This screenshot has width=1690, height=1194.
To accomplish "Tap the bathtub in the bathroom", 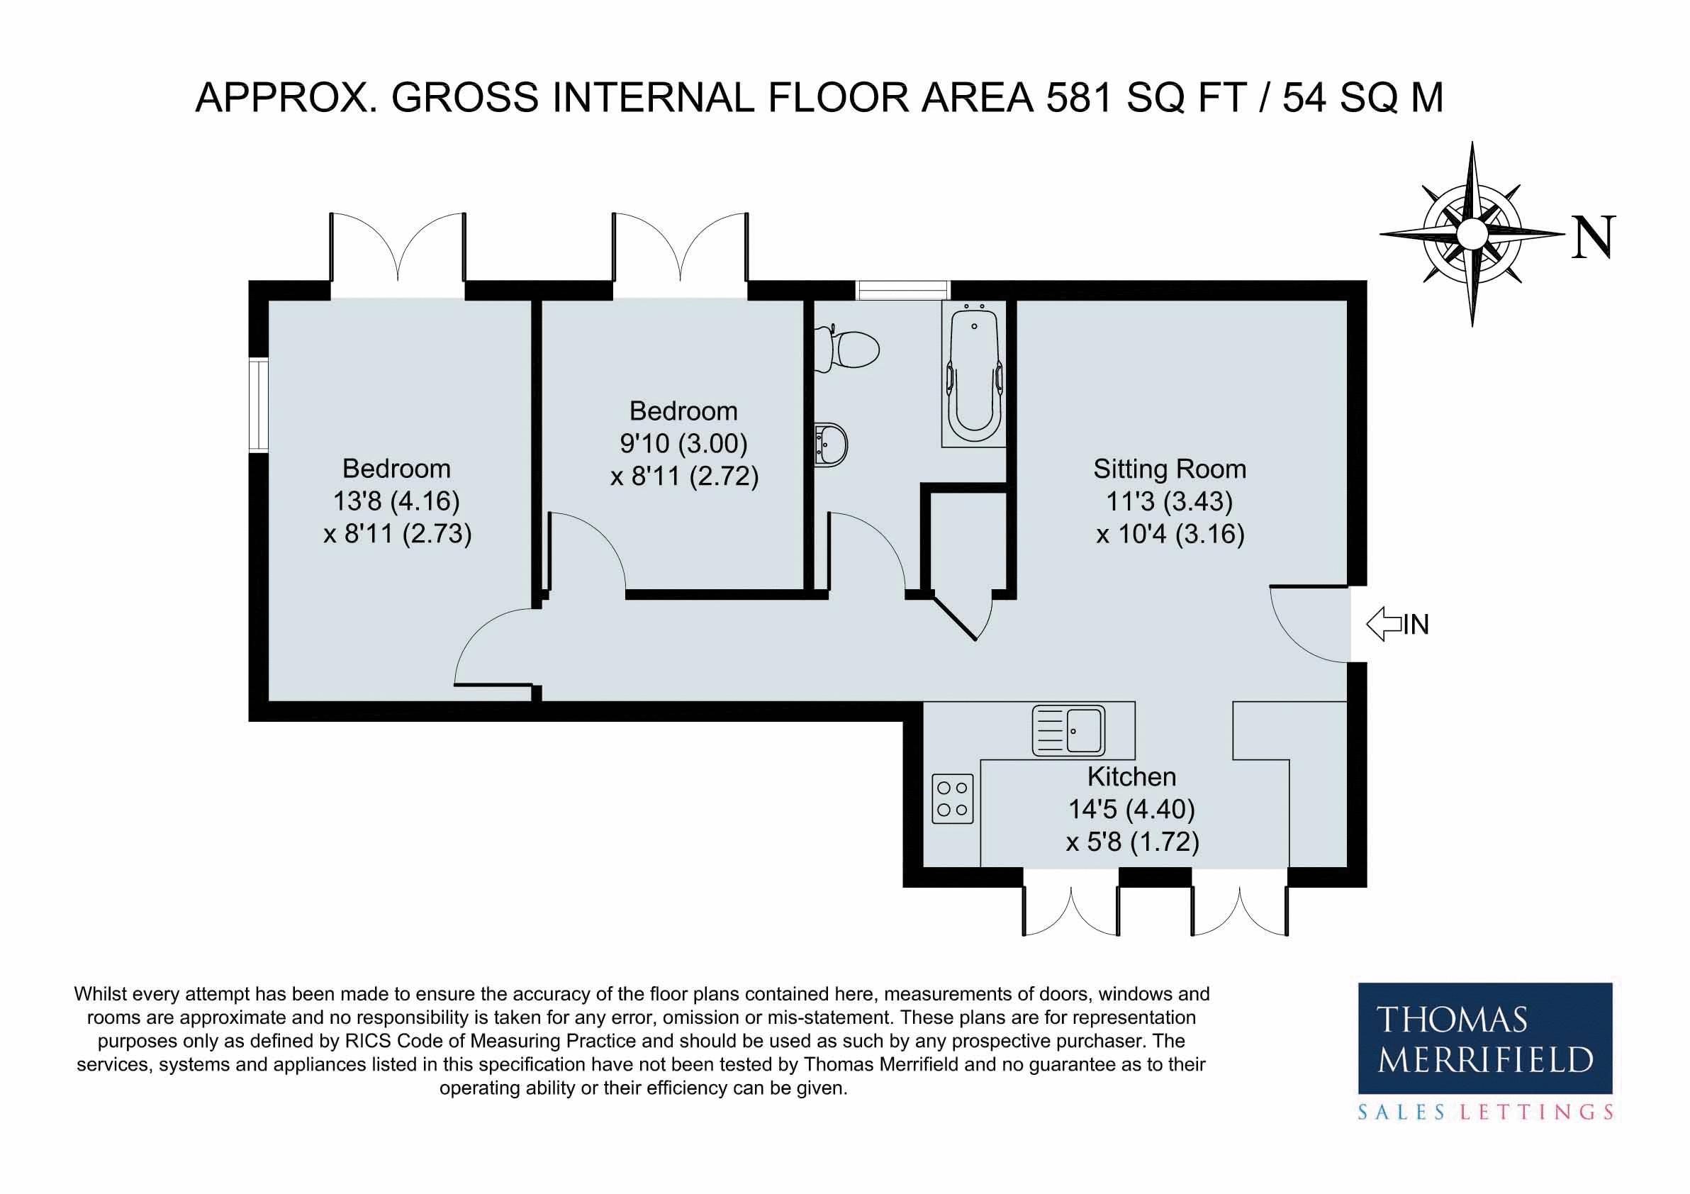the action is [x=974, y=373].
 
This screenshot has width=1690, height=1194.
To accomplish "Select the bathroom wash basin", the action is [x=832, y=444].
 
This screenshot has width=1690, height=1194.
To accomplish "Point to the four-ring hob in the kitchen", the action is [x=953, y=798].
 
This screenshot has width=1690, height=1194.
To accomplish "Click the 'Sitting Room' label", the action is [x=1170, y=469].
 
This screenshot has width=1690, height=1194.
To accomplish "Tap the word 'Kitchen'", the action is [x=1131, y=776].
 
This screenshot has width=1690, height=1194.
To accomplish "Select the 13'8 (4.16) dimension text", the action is [x=396, y=501].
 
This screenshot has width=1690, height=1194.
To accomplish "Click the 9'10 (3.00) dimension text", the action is [x=684, y=443].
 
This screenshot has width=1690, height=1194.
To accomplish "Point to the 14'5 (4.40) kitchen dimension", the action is [x=1131, y=809].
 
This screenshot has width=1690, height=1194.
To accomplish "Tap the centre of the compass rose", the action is [x=1472, y=233].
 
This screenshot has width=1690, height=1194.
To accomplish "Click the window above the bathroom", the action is [x=902, y=290].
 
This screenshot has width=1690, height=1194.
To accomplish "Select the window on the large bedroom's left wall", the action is [x=258, y=405].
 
